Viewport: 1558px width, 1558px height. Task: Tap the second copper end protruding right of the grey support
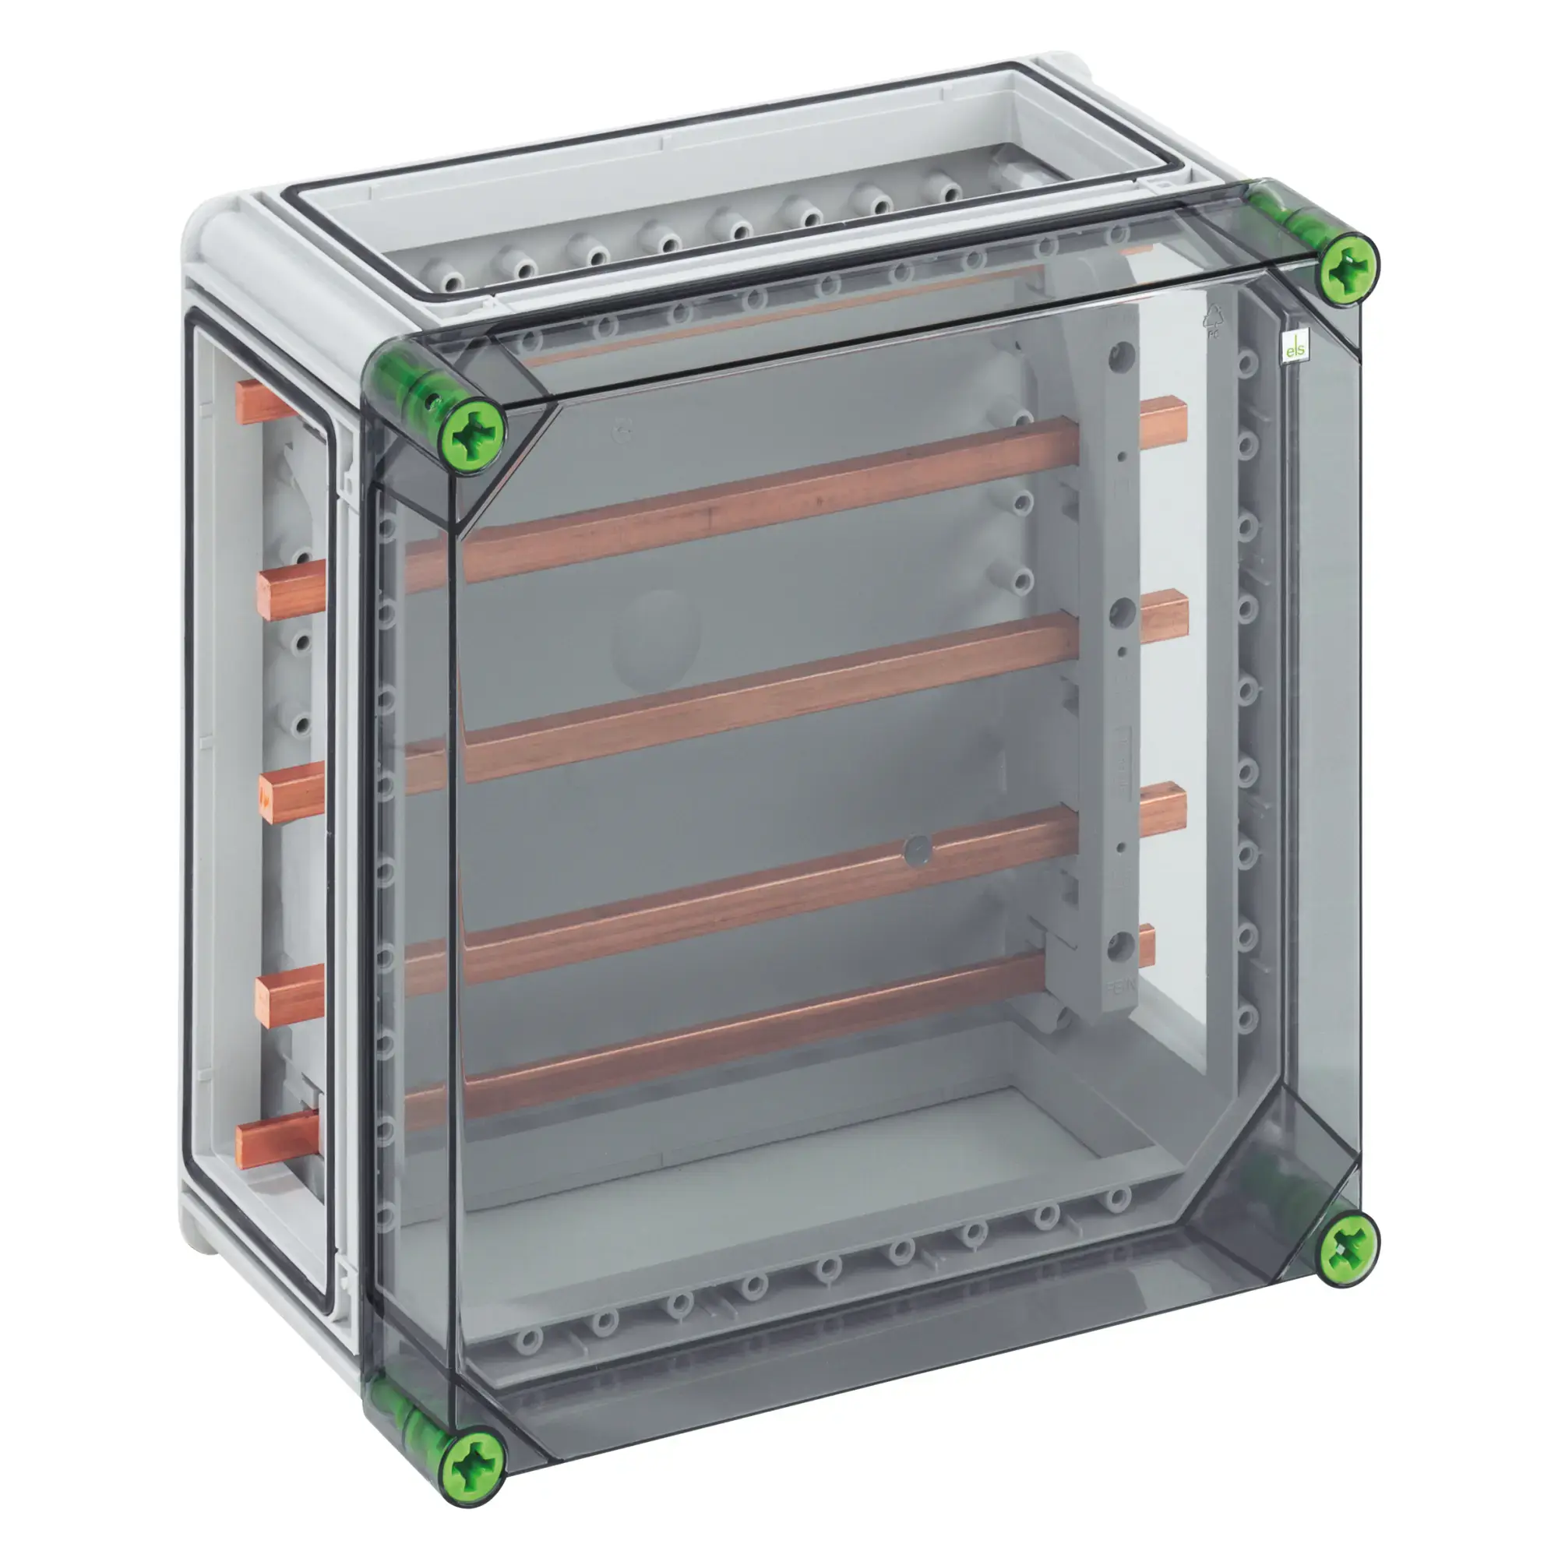coord(1166,618)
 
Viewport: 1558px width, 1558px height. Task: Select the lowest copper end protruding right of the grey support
coord(1145,946)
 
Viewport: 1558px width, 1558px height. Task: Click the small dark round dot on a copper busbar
coord(918,851)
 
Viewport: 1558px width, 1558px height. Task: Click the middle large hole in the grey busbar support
coord(1122,615)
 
